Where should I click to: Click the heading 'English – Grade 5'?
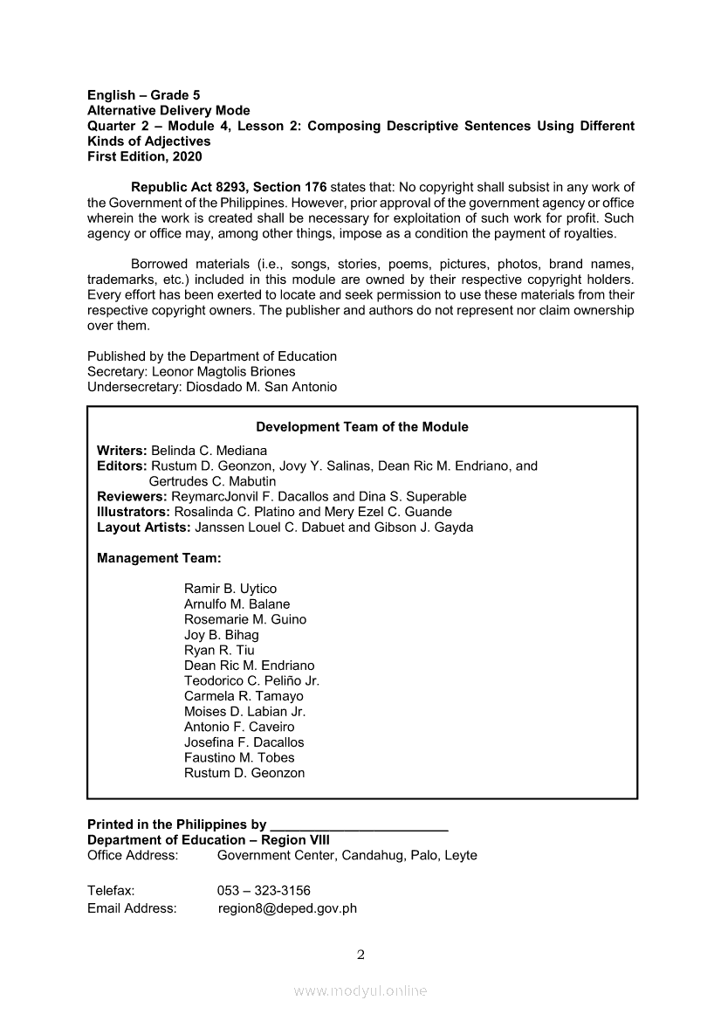[x=144, y=94]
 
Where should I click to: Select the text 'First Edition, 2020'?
[x=144, y=156]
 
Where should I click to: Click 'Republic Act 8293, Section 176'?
[x=229, y=187]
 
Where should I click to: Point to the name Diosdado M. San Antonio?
[x=261, y=387]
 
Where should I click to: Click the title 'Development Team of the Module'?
[x=361, y=427]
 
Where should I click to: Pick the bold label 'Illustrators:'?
[x=134, y=512]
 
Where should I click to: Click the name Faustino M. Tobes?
[x=239, y=757]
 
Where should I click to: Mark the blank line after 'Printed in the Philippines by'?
[x=359, y=826]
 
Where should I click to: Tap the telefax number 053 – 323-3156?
[x=264, y=891]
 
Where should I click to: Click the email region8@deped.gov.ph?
[x=288, y=908]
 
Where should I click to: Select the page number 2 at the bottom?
[x=361, y=955]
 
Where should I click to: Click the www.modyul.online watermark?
[x=360, y=990]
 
